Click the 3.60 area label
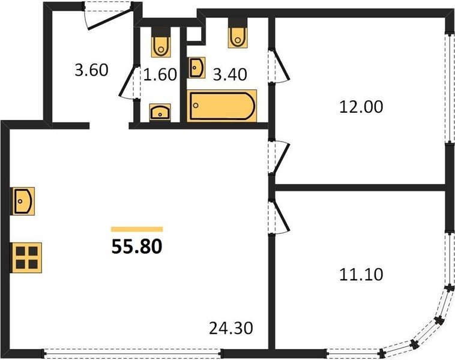pyautogui.click(x=91, y=70)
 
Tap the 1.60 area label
pyautogui.click(x=160, y=74)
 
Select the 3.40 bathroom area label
pyautogui.click(x=230, y=74)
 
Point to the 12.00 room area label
pyautogui.click(x=361, y=106)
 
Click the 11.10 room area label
pyautogui.click(x=361, y=274)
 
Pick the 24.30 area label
pyautogui.click(x=231, y=328)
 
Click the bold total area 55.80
pyautogui.click(x=137, y=247)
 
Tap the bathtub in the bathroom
pyautogui.click(x=222, y=106)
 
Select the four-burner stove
pyautogui.click(x=26, y=258)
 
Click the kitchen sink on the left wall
pyautogui.click(x=23, y=201)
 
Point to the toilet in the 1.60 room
pyautogui.click(x=161, y=43)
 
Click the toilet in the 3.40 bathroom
pyautogui.click(x=238, y=33)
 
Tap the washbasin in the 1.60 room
pyautogui.click(x=160, y=112)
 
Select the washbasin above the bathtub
pyautogui.click(x=197, y=68)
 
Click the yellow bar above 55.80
pyautogui.click(x=137, y=229)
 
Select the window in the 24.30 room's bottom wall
pyautogui.click(x=133, y=353)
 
